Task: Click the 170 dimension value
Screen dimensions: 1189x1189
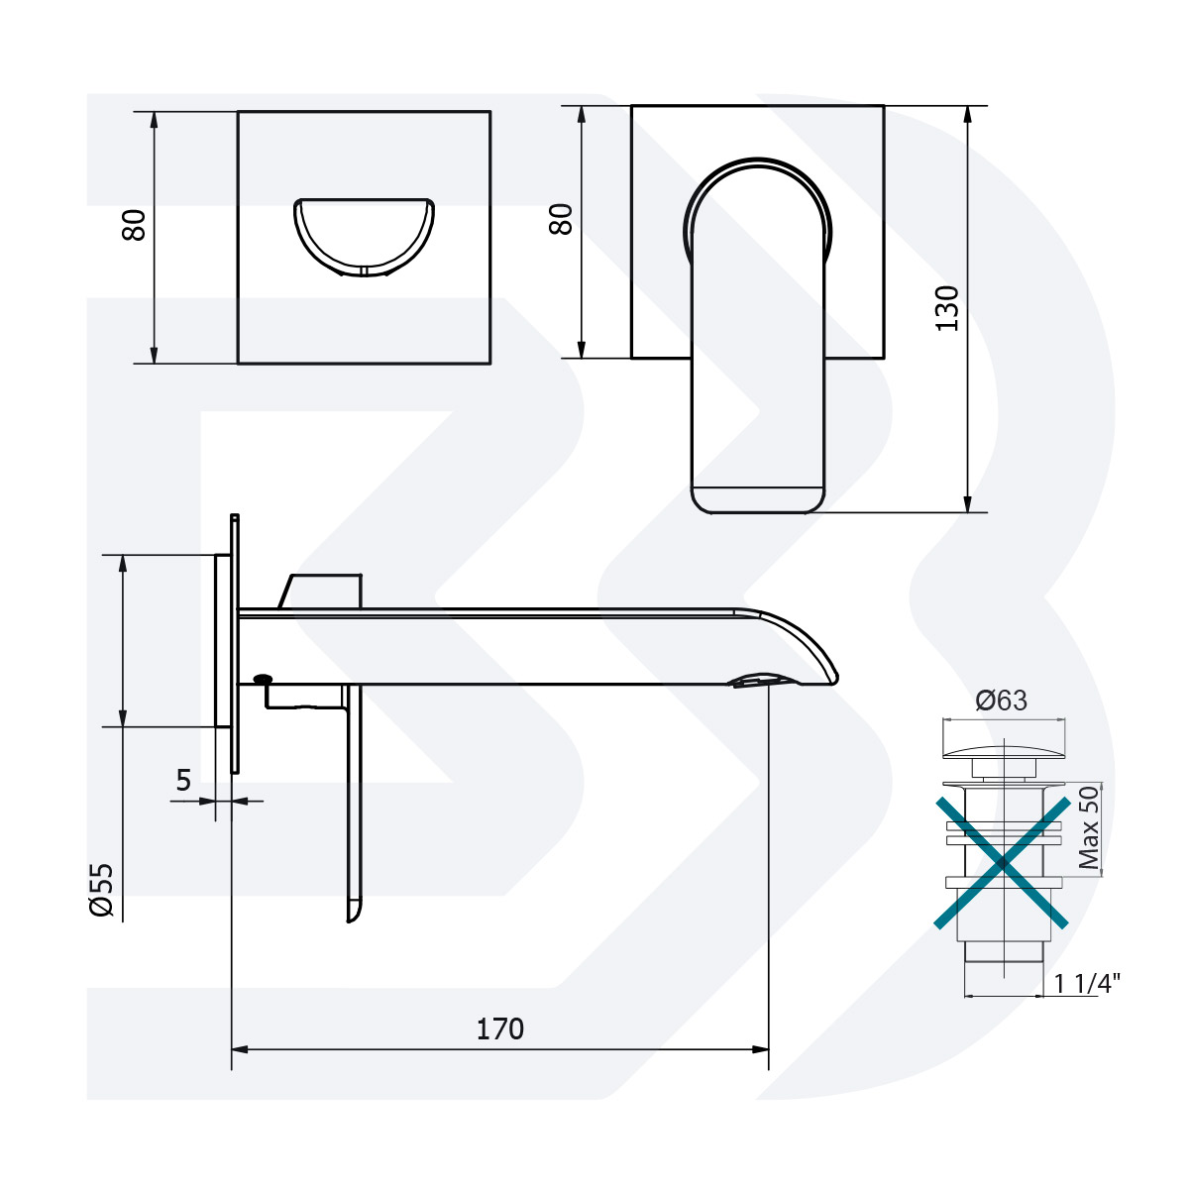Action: tap(500, 1029)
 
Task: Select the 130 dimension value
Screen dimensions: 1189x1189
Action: tap(948, 307)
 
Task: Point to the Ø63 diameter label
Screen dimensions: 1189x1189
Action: tap(1001, 701)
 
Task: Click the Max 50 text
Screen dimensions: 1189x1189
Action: tap(1089, 828)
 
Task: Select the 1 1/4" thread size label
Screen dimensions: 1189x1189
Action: tap(1086, 983)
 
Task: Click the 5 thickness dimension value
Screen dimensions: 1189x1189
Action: tap(183, 781)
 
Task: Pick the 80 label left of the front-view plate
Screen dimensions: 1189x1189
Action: tap(562, 219)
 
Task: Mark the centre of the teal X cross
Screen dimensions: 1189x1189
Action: tap(1003, 861)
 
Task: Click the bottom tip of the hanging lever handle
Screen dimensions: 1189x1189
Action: tap(353, 913)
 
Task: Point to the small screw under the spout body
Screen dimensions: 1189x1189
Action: tap(263, 679)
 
